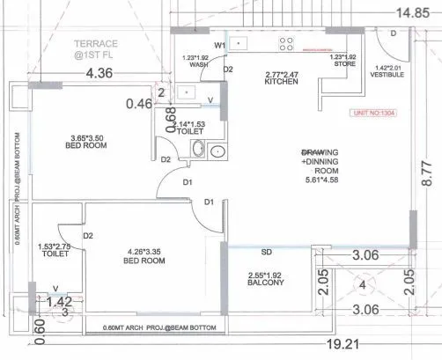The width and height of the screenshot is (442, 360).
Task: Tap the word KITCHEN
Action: click(x=281, y=82)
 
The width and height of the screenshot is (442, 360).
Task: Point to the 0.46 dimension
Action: click(x=139, y=104)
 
